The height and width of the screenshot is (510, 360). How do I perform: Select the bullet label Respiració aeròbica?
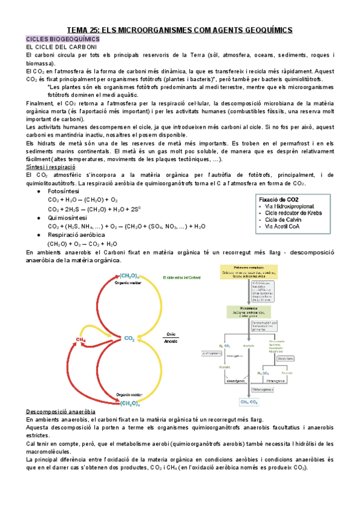(77, 235)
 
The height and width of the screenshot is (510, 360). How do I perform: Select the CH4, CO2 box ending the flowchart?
(249, 401)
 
